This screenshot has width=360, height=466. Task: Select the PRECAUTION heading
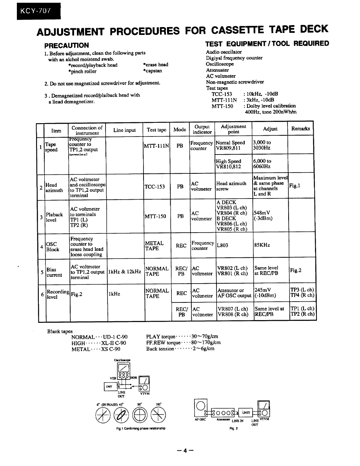[x=67, y=45]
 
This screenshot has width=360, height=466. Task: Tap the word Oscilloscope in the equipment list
[x=220, y=64]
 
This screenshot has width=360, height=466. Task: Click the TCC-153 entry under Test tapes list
[x=222, y=94]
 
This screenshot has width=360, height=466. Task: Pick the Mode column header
[x=180, y=129]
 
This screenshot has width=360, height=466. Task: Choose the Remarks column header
[x=300, y=128]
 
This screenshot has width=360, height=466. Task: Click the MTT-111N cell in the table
[x=156, y=146]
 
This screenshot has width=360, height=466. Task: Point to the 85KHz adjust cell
[x=262, y=245]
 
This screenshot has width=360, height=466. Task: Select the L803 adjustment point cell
[x=222, y=245]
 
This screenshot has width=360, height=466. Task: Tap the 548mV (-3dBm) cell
[x=263, y=216]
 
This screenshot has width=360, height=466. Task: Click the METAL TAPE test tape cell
[x=154, y=246]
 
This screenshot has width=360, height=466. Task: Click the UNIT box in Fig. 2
[x=245, y=413]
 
